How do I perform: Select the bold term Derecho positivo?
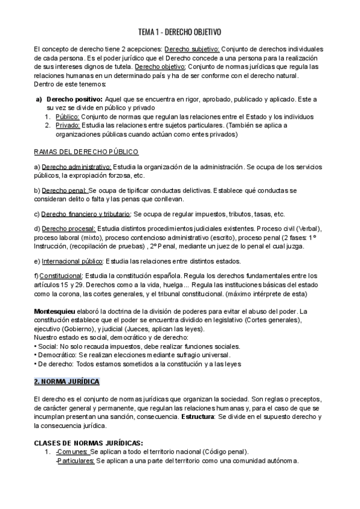(x=74, y=98)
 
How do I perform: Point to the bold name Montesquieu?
(x=59, y=311)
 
